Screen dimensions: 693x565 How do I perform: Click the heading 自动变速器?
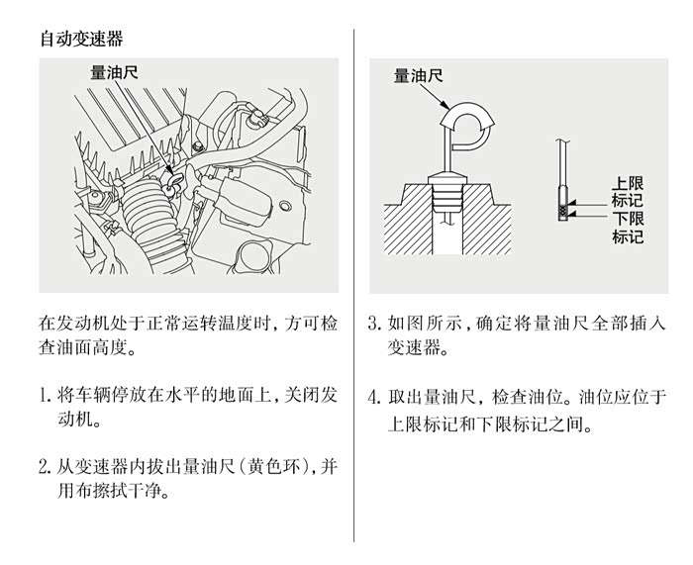pyautogui.click(x=81, y=39)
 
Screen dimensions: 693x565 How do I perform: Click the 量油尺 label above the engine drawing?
pyautogui.click(x=115, y=72)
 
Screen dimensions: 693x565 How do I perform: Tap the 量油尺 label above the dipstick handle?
pyautogui.click(x=418, y=75)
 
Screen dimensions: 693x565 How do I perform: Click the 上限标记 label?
pyautogui.click(x=628, y=192)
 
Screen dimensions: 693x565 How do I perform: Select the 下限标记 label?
pyautogui.click(x=628, y=228)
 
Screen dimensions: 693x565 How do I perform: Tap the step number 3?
pyautogui.click(x=374, y=323)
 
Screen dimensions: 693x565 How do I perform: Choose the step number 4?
pyautogui.click(x=374, y=397)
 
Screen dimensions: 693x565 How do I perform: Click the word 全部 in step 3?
pyautogui.click(x=610, y=323)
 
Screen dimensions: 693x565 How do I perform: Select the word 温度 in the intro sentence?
pyautogui.click(x=237, y=323)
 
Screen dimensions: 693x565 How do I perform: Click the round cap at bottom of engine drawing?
pyautogui.click(x=255, y=258)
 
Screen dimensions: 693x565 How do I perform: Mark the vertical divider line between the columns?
pyautogui.click(x=353, y=285)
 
